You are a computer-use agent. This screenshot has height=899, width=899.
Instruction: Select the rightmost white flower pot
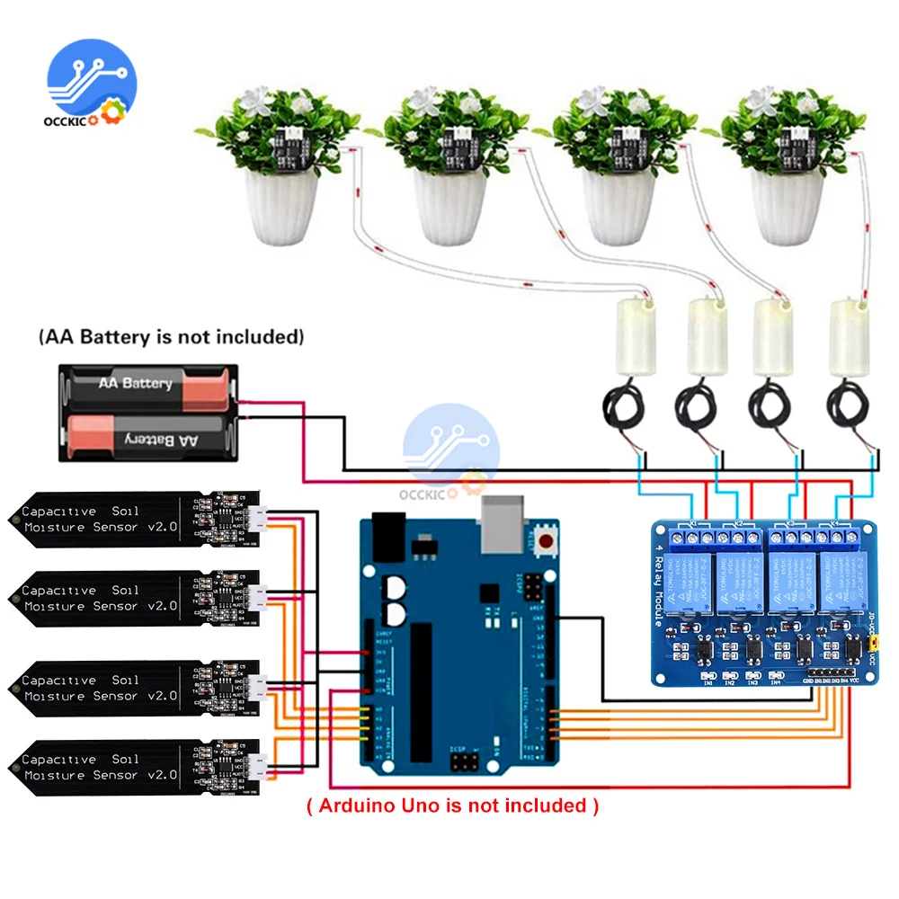[788, 207]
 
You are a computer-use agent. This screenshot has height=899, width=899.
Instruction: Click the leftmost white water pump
[633, 337]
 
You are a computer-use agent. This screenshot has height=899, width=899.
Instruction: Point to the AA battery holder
[148, 412]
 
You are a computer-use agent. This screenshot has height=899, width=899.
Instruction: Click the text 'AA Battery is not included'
[171, 337]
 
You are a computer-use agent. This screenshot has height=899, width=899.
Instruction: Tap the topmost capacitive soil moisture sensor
[135, 519]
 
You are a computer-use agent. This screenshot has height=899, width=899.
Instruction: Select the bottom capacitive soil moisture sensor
[135, 767]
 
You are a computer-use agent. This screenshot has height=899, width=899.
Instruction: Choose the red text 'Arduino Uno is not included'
[452, 806]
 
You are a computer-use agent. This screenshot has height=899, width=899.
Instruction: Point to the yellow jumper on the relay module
[870, 645]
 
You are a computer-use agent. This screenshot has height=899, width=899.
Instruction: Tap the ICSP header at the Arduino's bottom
[466, 763]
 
